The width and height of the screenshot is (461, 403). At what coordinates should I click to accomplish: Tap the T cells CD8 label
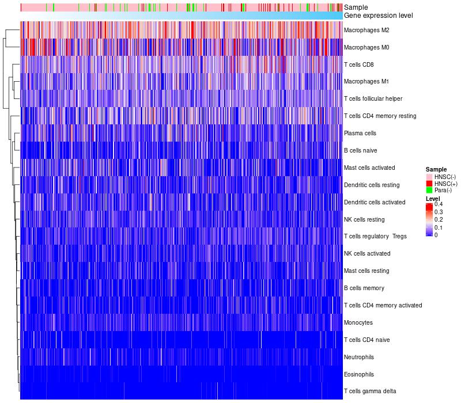point(358,64)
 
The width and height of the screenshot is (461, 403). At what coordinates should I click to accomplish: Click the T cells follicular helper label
point(373,99)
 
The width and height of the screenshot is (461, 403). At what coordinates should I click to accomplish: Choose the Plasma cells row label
point(360,133)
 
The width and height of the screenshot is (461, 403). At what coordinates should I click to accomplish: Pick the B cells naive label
point(361,150)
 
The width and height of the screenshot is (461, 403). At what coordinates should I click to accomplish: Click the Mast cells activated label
point(369,168)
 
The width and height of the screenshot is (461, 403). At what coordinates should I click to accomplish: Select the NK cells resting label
point(364,219)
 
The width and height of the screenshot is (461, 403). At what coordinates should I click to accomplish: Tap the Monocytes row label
point(358,322)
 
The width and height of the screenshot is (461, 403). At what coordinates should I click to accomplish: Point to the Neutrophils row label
point(360,357)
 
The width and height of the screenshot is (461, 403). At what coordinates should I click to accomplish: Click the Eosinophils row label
point(359,374)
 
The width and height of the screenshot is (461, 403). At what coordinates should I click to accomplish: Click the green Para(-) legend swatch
point(429,190)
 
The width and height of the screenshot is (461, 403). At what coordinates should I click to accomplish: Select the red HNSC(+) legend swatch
point(429,183)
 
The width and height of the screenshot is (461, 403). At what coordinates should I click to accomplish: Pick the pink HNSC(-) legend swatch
point(429,177)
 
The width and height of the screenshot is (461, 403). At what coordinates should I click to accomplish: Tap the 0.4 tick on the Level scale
point(439,204)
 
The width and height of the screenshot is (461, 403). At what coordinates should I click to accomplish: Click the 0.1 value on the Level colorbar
point(439,227)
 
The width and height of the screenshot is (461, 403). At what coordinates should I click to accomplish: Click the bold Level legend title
point(433,199)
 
